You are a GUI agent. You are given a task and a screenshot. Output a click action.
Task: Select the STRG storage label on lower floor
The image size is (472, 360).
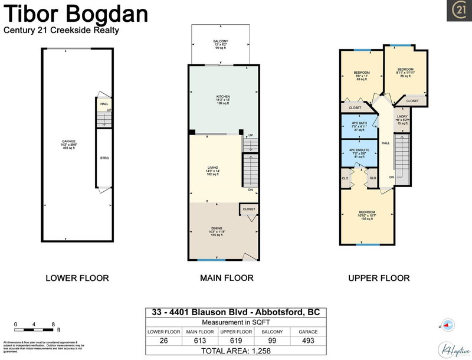click(104, 158)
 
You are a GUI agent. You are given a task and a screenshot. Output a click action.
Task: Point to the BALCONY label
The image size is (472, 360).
click(221, 43)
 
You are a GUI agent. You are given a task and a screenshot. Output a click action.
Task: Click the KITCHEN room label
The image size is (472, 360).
click(222, 99)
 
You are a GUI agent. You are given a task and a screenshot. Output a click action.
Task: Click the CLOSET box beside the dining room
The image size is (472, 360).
click(248, 209)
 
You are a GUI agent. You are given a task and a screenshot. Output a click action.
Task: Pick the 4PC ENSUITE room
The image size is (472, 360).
click(359, 153)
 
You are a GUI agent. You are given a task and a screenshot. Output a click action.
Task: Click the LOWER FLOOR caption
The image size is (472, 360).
click(77, 278)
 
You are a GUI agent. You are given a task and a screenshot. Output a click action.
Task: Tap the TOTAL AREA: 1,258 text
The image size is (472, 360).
click(235, 351)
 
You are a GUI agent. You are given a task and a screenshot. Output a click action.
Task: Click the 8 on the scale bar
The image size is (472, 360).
click(54, 325)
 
